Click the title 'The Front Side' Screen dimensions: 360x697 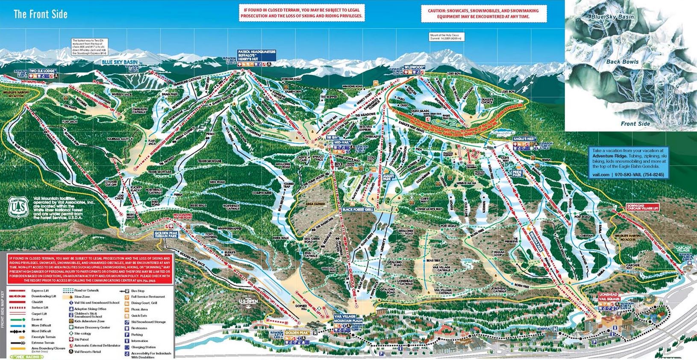[41, 14]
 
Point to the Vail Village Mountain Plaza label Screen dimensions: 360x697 [347, 317]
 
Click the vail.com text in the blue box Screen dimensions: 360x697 [600, 174]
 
